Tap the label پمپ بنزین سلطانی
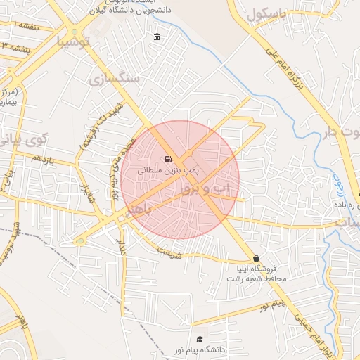tap(168, 170)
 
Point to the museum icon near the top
tap(156, 37)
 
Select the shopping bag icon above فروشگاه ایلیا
tap(255, 258)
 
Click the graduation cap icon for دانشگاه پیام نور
tap(200, 340)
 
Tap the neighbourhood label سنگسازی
tap(115, 79)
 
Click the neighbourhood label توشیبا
tap(74, 41)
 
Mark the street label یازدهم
tap(42, 160)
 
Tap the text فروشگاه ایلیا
tap(262, 269)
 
